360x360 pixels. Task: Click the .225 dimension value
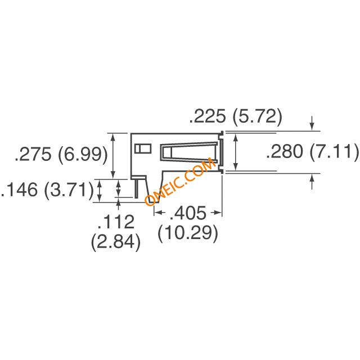click(x=208, y=116)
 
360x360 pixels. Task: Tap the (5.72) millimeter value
click(x=257, y=117)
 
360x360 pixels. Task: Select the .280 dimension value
click(x=285, y=151)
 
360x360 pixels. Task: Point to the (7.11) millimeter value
click(x=334, y=152)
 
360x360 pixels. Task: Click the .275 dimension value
click(x=33, y=154)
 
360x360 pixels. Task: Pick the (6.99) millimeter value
click(x=83, y=155)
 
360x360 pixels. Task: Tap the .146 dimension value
click(x=19, y=190)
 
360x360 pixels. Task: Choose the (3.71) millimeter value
click(x=69, y=190)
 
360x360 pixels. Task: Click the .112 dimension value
click(x=116, y=222)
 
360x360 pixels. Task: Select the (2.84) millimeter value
click(x=116, y=242)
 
